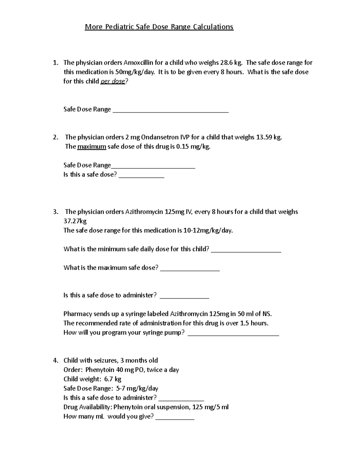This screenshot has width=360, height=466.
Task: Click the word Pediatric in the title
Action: [119, 27]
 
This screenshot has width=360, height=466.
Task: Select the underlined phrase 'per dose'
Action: [112, 81]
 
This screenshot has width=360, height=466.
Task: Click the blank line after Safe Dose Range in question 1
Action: [170, 110]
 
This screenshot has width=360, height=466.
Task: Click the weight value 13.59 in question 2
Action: [264, 137]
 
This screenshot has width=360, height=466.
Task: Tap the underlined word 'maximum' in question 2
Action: [91, 147]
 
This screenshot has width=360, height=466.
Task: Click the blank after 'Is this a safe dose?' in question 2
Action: [142, 176]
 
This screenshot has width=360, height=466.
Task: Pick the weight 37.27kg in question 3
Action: [75, 221]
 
